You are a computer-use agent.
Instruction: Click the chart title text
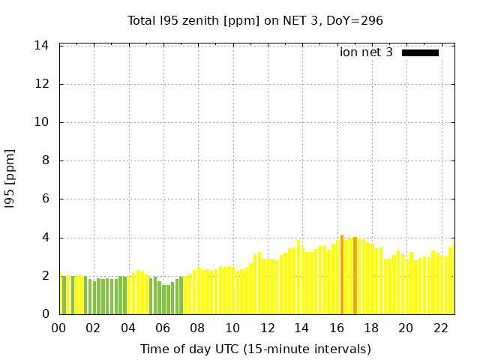(255, 20)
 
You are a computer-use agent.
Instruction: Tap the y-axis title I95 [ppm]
(10, 180)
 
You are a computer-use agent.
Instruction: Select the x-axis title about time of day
(255, 349)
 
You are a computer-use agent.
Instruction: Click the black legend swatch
(420, 52)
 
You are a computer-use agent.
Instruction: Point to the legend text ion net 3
(366, 52)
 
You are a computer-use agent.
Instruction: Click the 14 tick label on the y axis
(42, 46)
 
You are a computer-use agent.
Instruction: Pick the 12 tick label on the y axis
(42, 84)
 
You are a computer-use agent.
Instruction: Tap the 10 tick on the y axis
(42, 122)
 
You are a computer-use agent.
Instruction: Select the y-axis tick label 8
(46, 160)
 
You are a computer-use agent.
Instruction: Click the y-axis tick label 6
(46, 199)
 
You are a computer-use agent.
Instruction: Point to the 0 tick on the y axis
(46, 314)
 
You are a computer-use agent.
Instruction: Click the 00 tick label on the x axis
(58, 328)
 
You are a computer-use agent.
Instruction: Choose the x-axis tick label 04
(128, 328)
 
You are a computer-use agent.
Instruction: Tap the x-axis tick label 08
(197, 328)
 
